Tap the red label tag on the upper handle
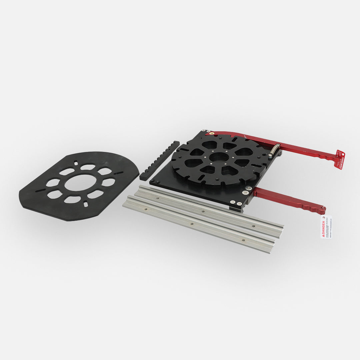point(340,160)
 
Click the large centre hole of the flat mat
point(80,183)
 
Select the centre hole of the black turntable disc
point(219,157)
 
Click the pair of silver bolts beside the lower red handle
point(247,190)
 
